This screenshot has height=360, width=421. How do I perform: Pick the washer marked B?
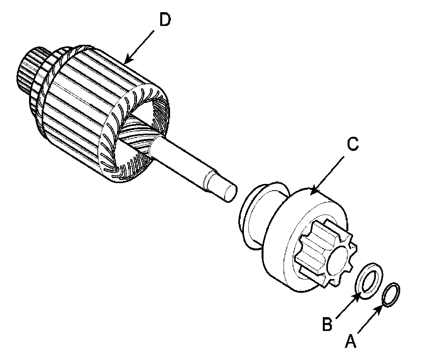click(x=369, y=281)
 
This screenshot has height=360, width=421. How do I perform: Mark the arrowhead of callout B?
click(x=359, y=294)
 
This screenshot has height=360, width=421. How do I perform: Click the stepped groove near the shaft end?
click(x=208, y=180)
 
